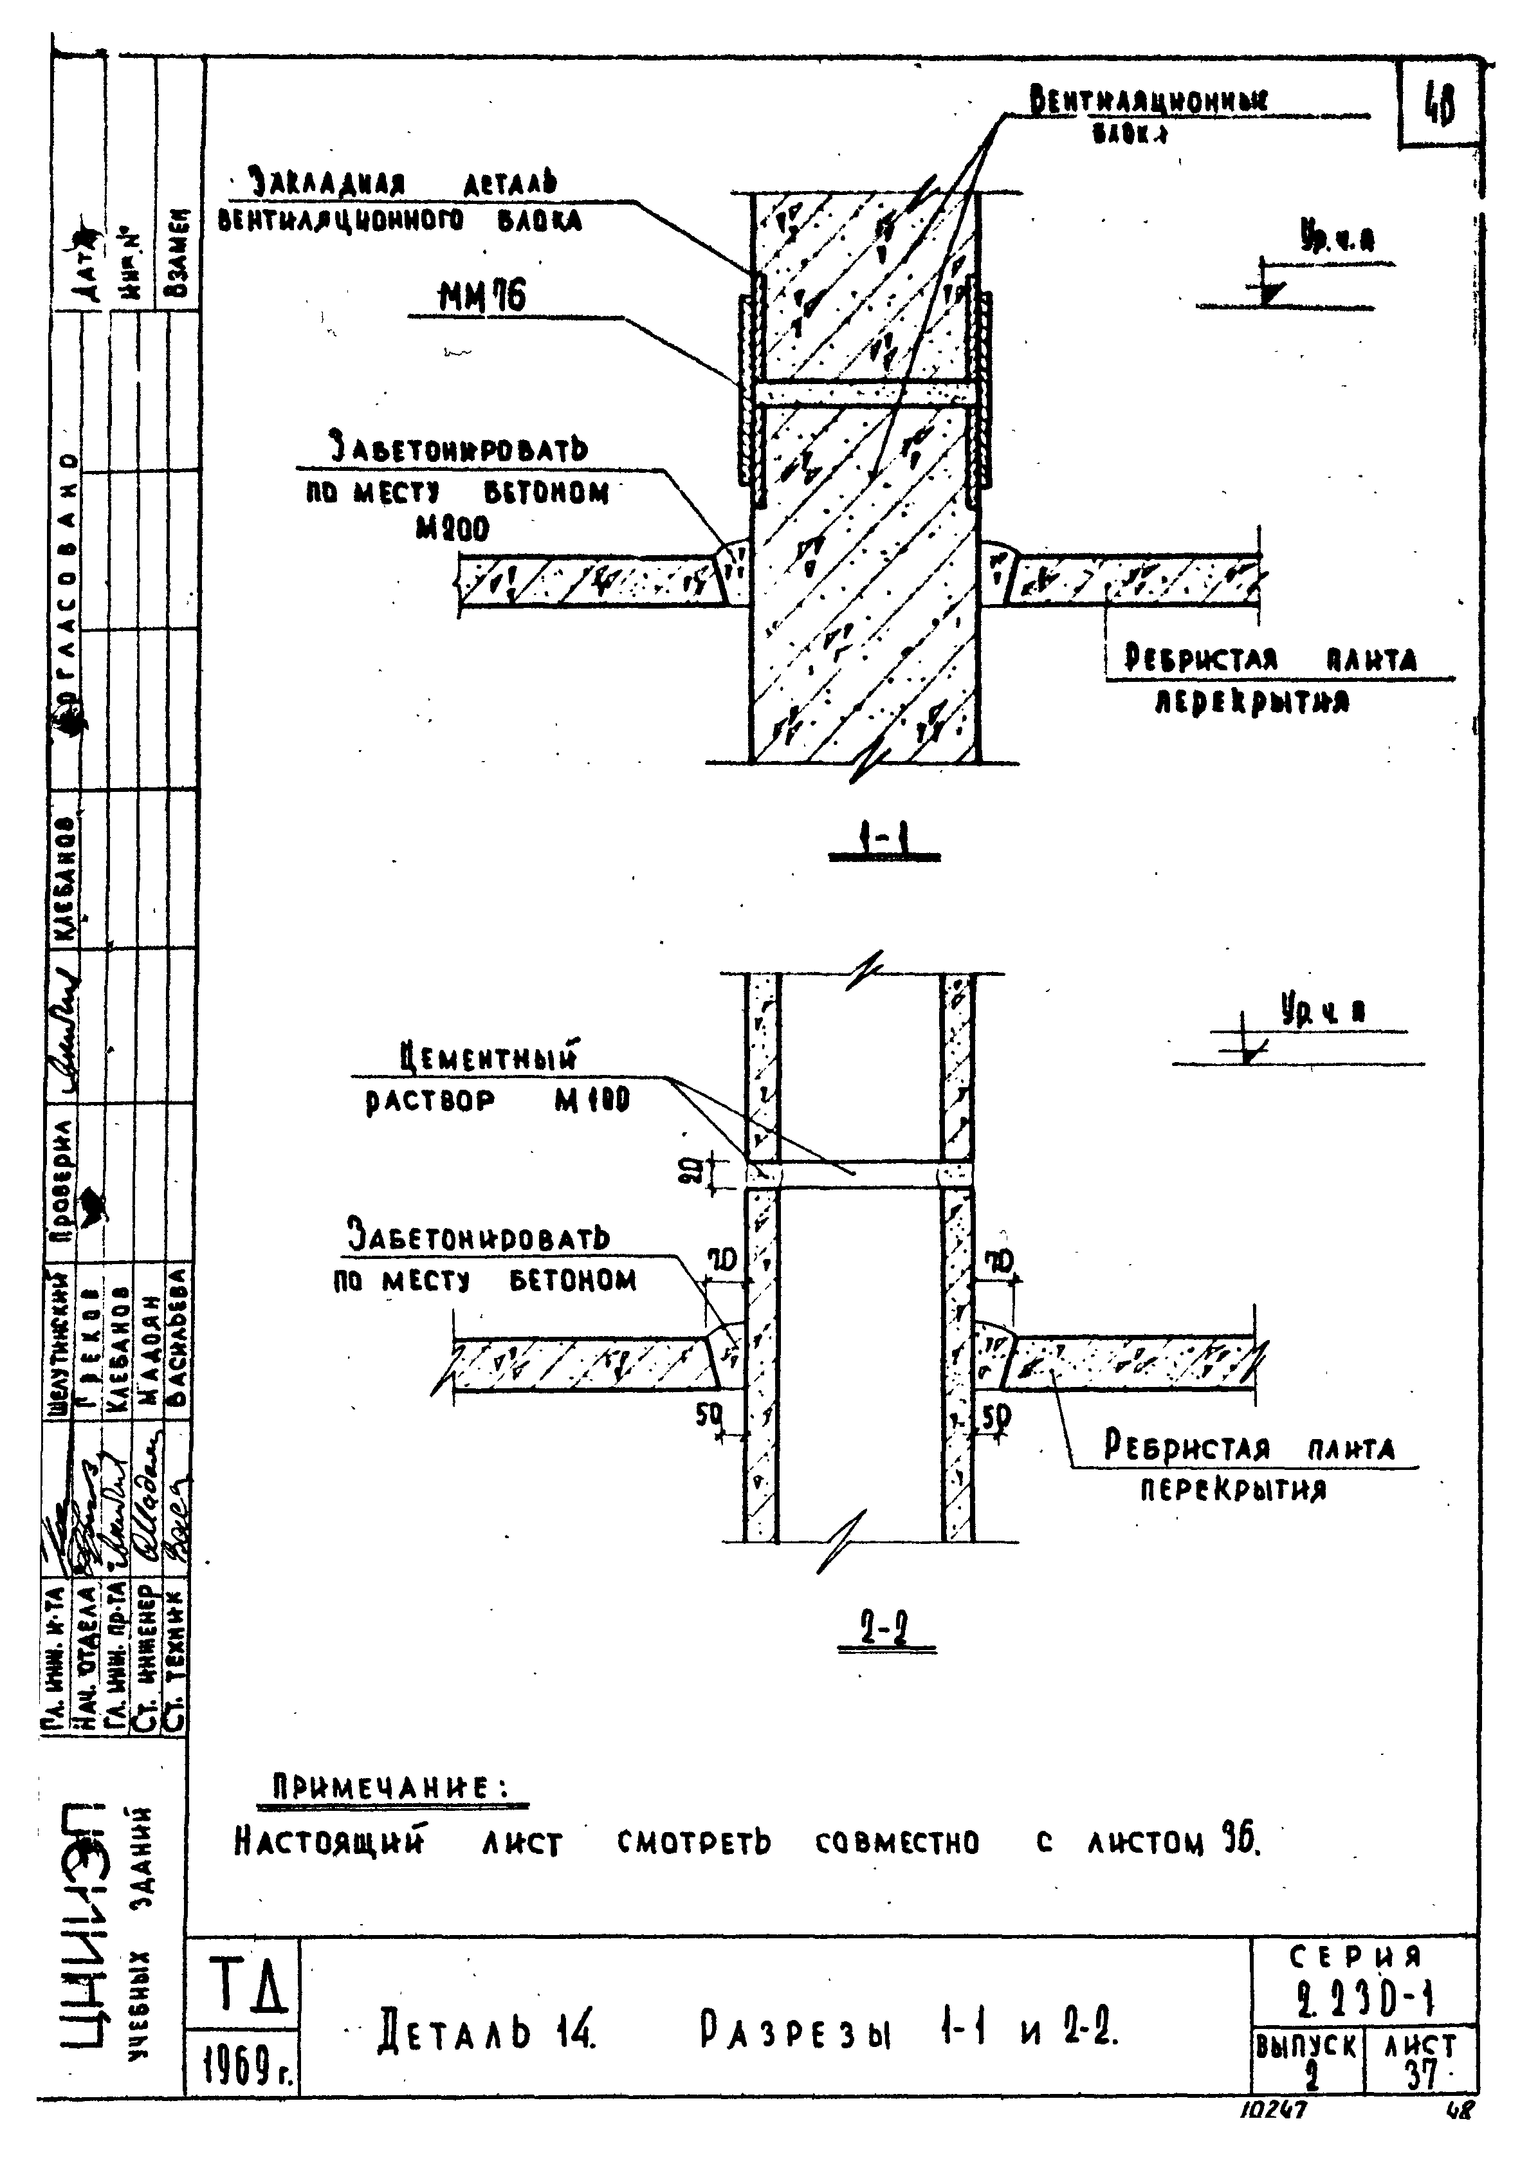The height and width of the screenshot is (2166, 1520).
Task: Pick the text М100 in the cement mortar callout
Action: pyautogui.click(x=592, y=1101)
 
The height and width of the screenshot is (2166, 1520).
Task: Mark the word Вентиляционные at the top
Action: pyautogui.click(x=1148, y=100)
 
